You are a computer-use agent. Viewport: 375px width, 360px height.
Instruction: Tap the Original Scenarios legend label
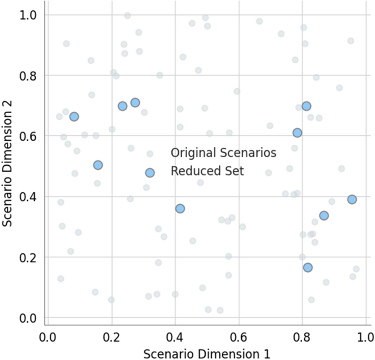[223, 153]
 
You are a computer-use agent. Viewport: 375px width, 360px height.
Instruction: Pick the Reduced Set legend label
[207, 171]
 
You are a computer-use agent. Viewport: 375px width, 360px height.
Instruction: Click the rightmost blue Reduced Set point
[352, 199]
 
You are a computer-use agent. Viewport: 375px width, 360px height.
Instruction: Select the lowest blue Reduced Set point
[308, 267]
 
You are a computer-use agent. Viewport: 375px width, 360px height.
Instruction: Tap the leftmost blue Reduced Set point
[74, 116]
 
